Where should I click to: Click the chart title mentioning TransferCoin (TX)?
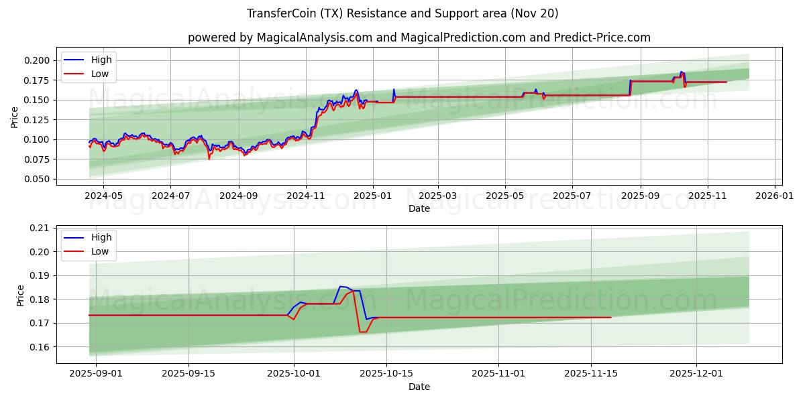pyautogui.click(x=402, y=13)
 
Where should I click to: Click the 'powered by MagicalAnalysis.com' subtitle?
pyautogui.click(x=419, y=38)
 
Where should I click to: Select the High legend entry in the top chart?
pyautogui.click(x=101, y=60)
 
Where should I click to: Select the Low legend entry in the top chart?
pyautogui.click(x=100, y=74)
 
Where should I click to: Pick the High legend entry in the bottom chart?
pyautogui.click(x=101, y=237)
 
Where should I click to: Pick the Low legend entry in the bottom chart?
pyautogui.click(x=100, y=251)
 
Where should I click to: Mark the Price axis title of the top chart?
pyautogui.click(x=15, y=117)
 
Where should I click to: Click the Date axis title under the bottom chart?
pyautogui.click(x=419, y=387)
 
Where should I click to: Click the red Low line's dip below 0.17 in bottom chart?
pyautogui.click(x=362, y=332)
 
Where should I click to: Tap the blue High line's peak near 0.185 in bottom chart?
pyautogui.click(x=342, y=286)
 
